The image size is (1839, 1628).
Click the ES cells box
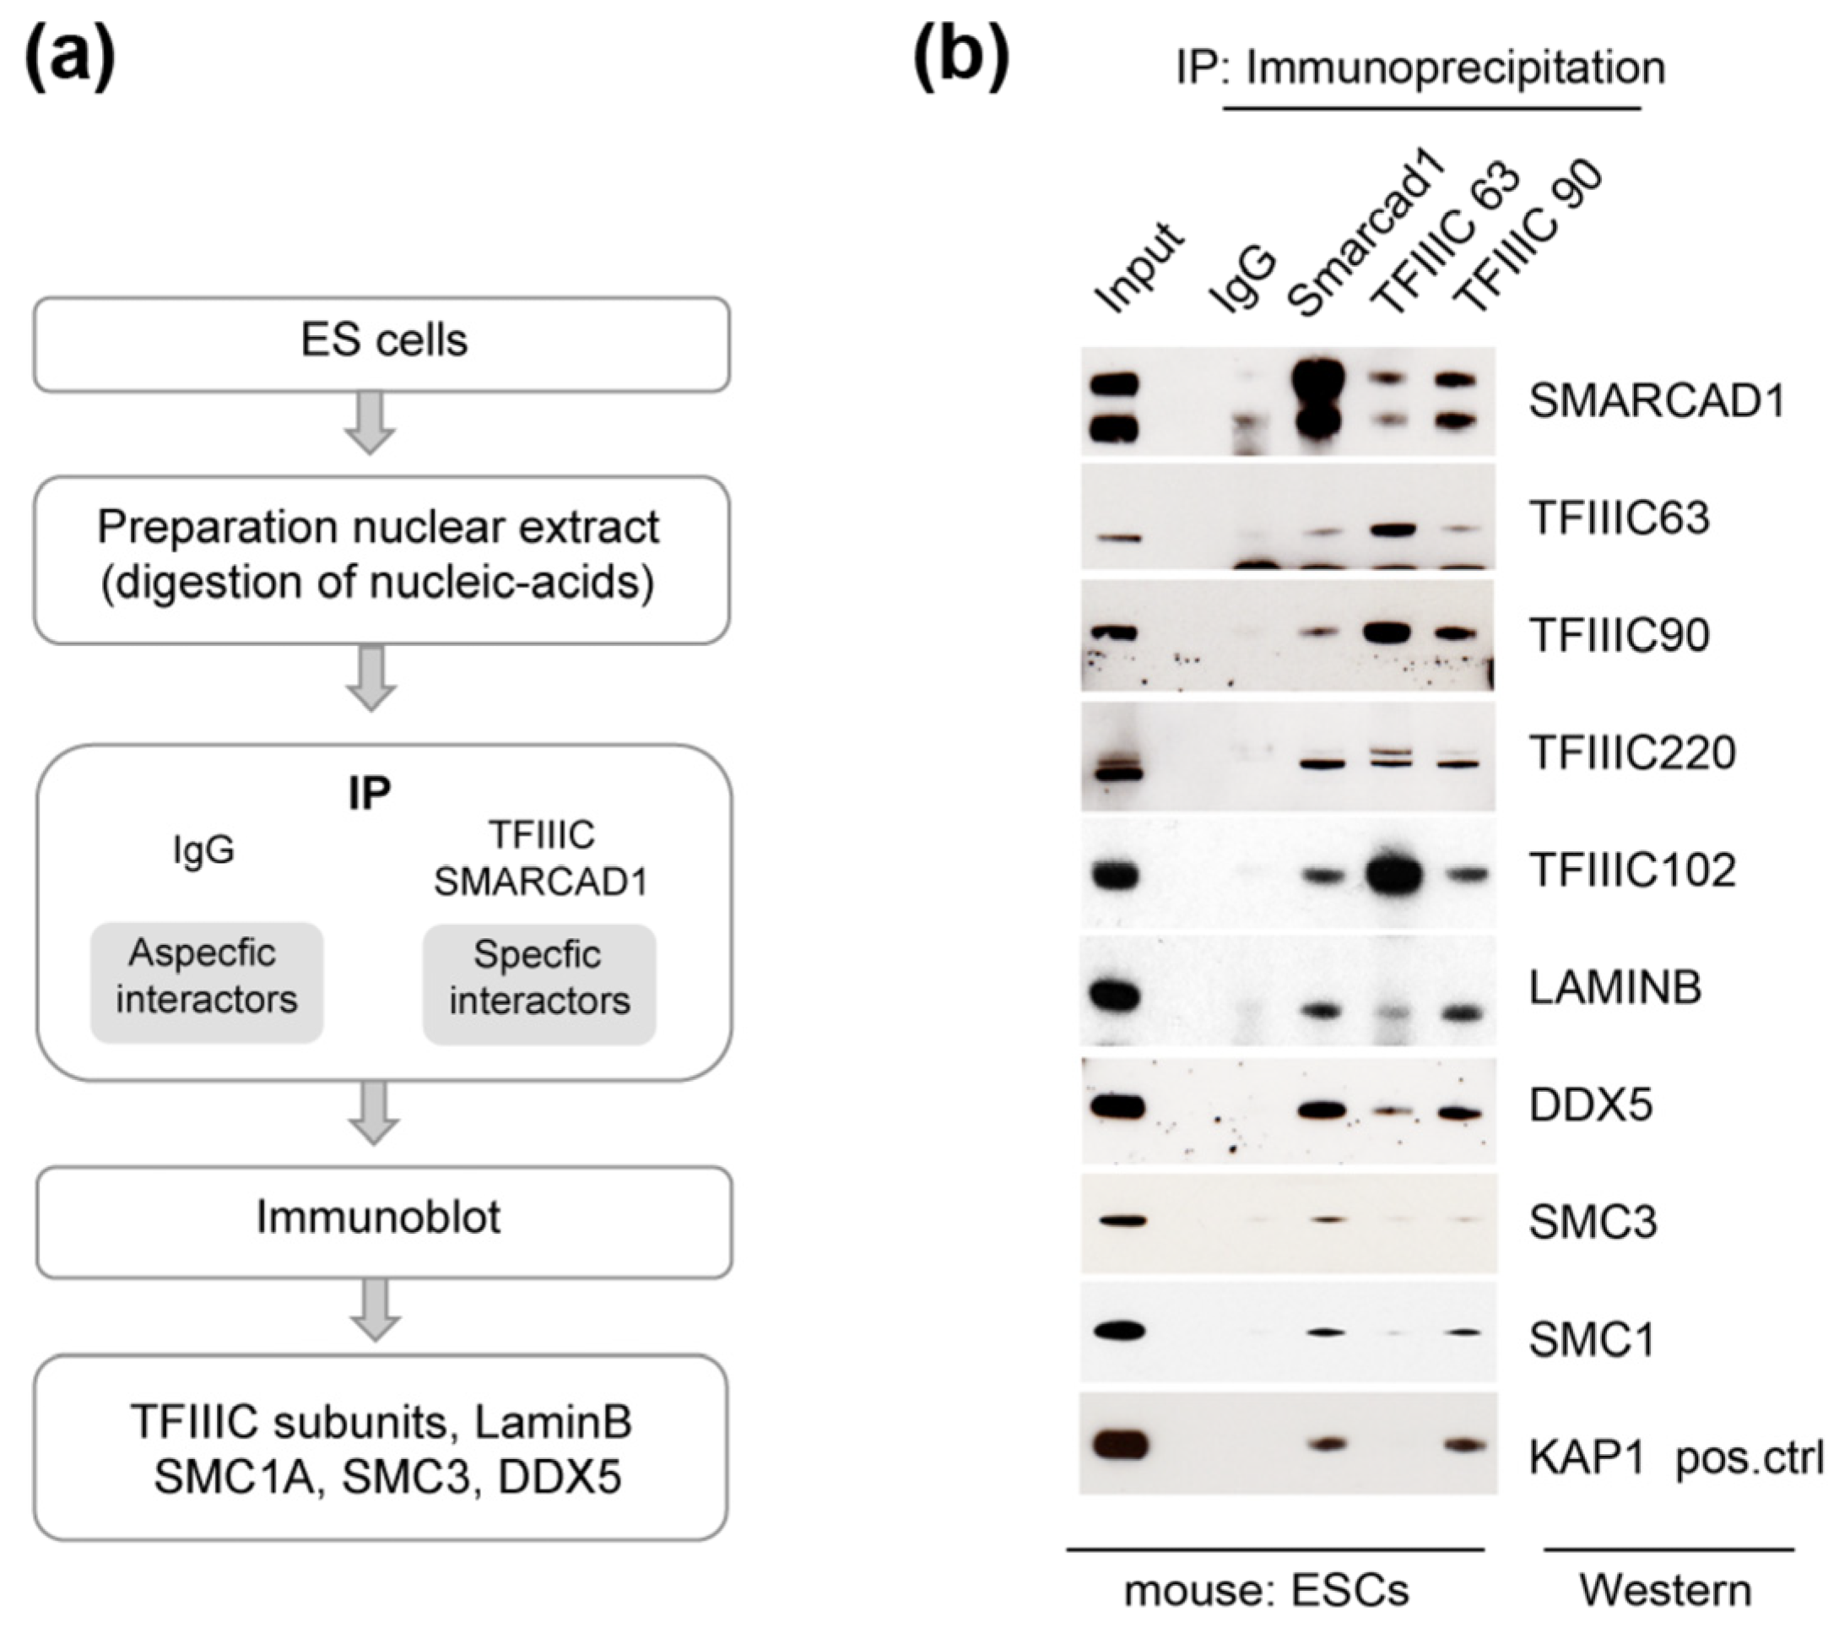381,344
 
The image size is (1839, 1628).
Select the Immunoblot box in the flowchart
383,1221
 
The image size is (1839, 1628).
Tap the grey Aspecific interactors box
206,982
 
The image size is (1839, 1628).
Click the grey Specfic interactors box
539,984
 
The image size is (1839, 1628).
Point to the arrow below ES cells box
371,422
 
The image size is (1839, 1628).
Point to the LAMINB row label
1615,988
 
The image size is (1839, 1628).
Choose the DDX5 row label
1591,1105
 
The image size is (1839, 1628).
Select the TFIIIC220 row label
1632,753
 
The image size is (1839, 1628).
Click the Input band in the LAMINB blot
1115,996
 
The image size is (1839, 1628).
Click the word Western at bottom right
1665,1591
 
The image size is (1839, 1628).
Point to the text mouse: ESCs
1266,1591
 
